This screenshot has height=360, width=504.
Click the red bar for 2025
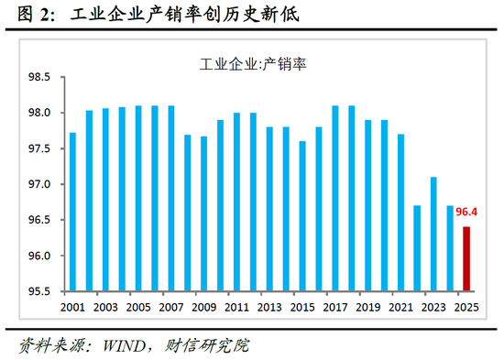(466, 258)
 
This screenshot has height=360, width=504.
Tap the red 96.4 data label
(468, 213)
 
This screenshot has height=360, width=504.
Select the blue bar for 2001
(72, 212)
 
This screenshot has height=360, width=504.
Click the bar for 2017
(335, 198)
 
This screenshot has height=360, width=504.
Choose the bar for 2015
(302, 216)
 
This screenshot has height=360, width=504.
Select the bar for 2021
(400, 213)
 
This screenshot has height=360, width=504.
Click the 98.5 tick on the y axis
(43, 78)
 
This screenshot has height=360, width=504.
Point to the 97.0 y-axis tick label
(43, 185)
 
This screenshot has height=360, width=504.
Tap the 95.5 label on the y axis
(43, 291)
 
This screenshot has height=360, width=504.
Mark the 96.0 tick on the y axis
(43, 256)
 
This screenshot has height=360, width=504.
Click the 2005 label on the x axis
(137, 307)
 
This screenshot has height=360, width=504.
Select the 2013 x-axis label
(269, 307)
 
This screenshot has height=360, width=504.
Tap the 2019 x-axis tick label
(367, 307)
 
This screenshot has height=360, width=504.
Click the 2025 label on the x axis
(466, 307)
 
